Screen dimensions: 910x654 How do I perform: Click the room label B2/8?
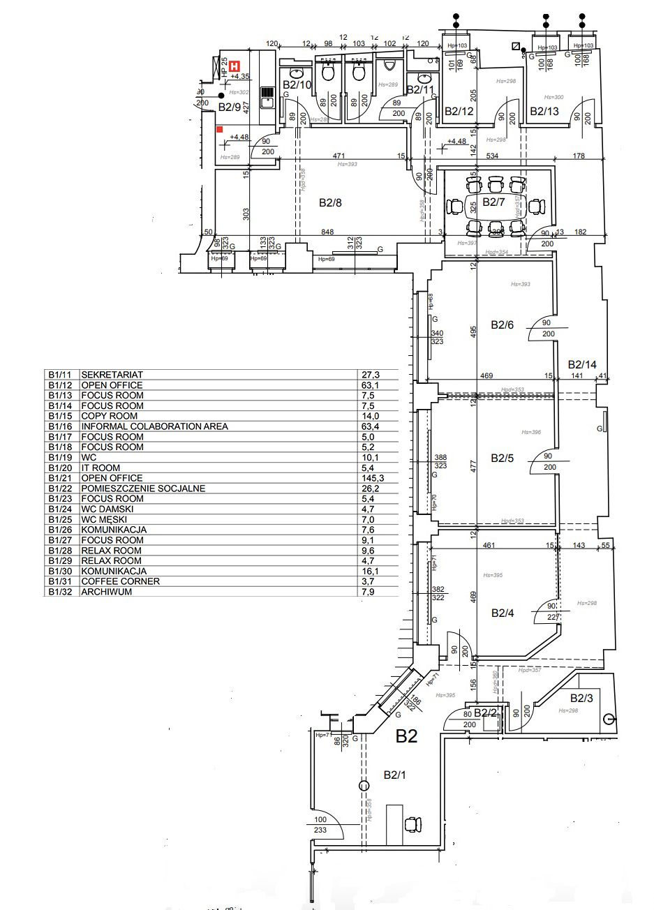point(330,203)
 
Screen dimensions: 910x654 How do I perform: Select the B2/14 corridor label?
point(582,364)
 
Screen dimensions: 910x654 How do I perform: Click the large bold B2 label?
point(407,736)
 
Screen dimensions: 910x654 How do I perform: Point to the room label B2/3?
point(581,698)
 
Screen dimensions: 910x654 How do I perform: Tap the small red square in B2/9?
point(219,129)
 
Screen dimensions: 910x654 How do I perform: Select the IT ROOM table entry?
point(101,468)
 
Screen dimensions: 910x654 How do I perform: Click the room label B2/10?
point(296,85)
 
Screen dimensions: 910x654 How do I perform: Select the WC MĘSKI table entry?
point(105,519)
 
